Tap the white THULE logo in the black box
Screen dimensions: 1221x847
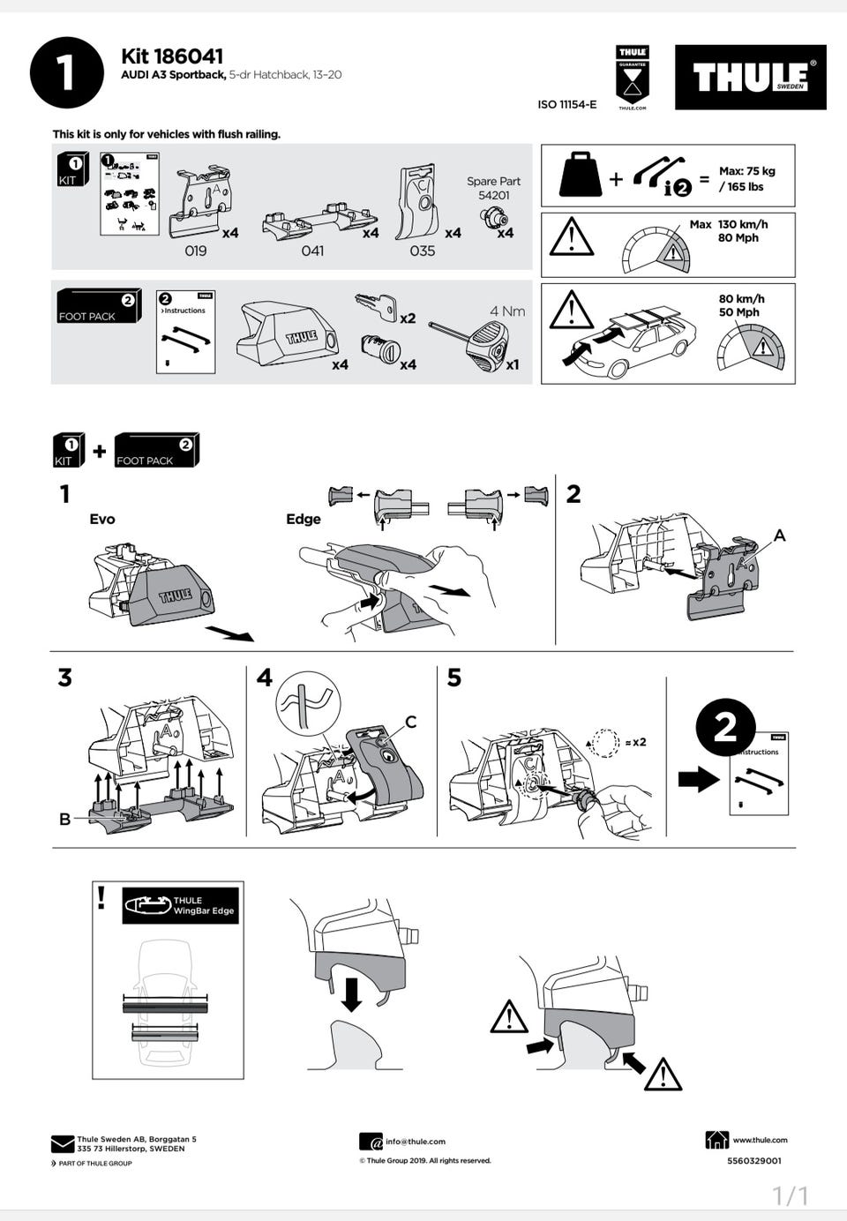pos(750,78)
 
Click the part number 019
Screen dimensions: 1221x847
pos(196,251)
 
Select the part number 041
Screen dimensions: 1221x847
pos(312,251)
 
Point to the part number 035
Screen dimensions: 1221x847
pos(423,251)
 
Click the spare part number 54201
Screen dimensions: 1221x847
pos(494,196)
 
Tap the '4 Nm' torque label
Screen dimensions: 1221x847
pos(507,311)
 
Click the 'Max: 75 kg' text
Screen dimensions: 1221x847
pos(746,171)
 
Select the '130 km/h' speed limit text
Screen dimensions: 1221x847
pos(743,224)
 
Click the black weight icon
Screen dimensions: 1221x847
pos(580,176)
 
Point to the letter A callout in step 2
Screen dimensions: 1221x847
pos(779,536)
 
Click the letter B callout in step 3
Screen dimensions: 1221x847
pos(64,819)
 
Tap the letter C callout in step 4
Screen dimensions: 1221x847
pos(410,723)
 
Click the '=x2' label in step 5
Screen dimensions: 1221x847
pos(634,742)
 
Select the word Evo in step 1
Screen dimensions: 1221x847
pos(102,519)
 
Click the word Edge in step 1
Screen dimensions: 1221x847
pos(303,519)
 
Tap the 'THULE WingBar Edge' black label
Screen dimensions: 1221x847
pos(181,906)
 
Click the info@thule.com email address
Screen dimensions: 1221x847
pos(416,1142)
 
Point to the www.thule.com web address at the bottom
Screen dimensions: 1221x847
pos(760,1140)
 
